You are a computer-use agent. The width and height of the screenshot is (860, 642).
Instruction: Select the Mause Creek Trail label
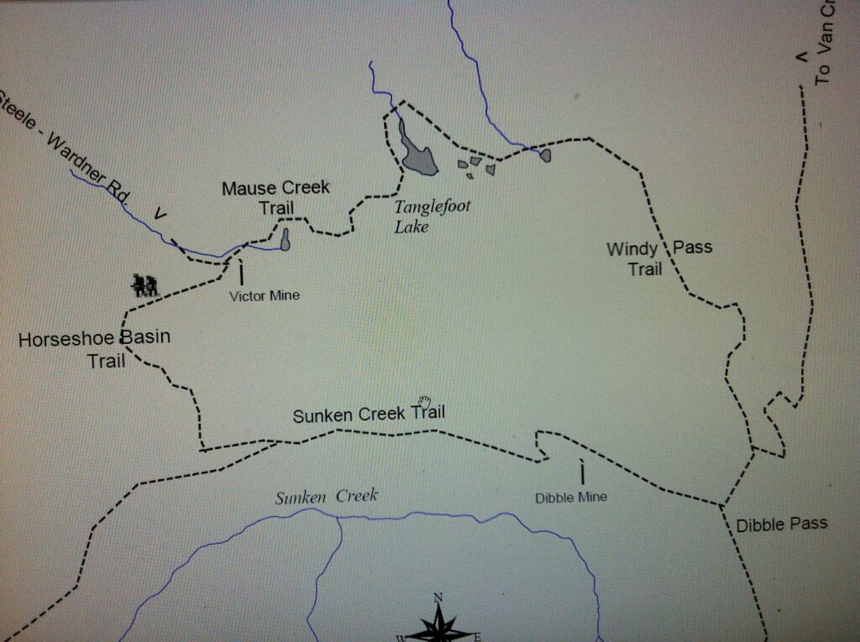tap(275, 197)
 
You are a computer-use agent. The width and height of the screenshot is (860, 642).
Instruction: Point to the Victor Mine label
tap(265, 295)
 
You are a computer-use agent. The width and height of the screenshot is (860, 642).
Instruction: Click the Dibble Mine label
tap(571, 497)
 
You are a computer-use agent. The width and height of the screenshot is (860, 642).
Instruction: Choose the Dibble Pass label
tap(782, 524)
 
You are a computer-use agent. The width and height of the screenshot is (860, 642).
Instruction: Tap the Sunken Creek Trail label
tap(369, 414)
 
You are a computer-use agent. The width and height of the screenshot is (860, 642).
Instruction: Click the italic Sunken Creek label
tap(327, 496)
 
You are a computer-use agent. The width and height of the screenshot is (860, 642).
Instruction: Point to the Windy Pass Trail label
tap(658, 258)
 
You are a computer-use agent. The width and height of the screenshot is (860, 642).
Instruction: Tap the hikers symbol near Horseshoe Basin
tap(144, 284)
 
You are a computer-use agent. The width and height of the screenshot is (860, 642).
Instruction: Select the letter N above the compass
tap(438, 598)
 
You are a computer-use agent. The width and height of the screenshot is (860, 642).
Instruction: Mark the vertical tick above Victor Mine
tap(241, 274)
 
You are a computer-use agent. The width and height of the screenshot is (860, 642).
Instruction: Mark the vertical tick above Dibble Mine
tap(582, 471)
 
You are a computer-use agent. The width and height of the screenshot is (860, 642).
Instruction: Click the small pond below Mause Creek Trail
tap(286, 241)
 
